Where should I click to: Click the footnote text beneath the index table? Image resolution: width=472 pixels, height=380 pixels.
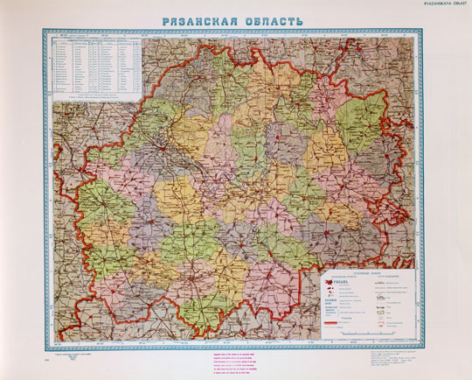(97, 99)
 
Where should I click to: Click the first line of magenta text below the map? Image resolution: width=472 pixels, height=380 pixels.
(235, 354)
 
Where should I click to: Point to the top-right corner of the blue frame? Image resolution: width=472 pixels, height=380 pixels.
(428, 30)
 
